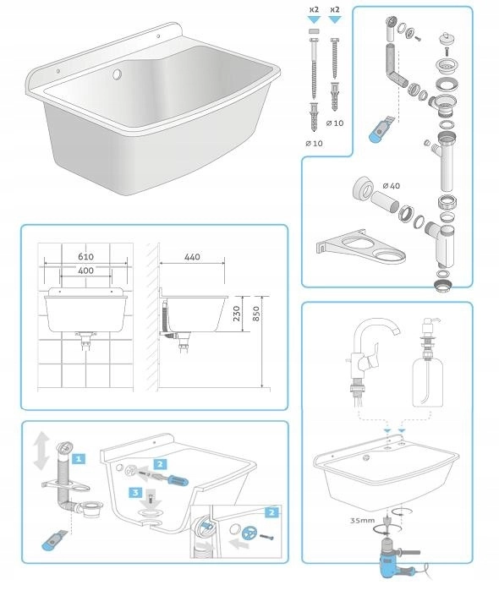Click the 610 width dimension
pos(86,256)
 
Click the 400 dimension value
pos(86,271)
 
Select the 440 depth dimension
pos(192,257)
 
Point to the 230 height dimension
pos(237,314)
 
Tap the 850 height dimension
pos(256,314)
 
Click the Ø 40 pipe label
pos(391,185)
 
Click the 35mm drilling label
pos(362,521)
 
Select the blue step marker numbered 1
pos(79,459)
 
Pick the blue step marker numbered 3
pos(136,493)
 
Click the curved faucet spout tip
pos(396,332)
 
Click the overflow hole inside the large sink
pos(117,74)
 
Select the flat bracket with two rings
pos(360,247)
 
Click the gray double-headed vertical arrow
pos(41,451)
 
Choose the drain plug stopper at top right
pos(445,39)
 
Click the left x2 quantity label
pos(314,9)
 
